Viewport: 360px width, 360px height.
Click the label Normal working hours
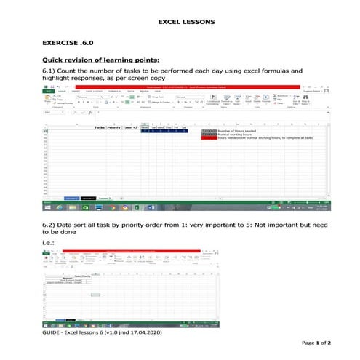[236, 134]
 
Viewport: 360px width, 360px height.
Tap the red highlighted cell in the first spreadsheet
[209, 137]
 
